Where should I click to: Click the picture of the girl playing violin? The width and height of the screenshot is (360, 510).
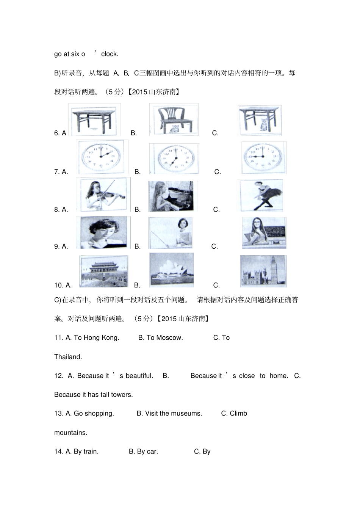tap(103, 195)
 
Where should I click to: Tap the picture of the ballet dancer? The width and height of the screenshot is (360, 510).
tap(260, 195)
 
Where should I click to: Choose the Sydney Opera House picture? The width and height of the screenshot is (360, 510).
tap(172, 270)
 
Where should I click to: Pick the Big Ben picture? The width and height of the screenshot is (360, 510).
tap(263, 271)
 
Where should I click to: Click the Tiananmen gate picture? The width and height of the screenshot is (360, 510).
tap(103, 271)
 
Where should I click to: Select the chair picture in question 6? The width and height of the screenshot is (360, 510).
tap(174, 119)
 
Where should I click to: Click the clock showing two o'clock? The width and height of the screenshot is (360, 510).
tap(102, 157)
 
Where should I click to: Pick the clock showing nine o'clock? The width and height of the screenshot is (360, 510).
tap(264, 157)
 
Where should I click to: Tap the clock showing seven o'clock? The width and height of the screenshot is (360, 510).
tap(174, 158)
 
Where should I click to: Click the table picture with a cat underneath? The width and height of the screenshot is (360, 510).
tap(260, 120)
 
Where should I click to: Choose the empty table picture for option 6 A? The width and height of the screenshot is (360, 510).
tap(95, 119)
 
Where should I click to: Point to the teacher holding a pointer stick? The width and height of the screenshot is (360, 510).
tap(171, 233)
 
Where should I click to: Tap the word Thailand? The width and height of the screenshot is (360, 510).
tap(68, 357)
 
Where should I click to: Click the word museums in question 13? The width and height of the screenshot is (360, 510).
tap(187, 413)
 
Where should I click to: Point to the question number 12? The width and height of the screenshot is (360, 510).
tap(58, 376)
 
